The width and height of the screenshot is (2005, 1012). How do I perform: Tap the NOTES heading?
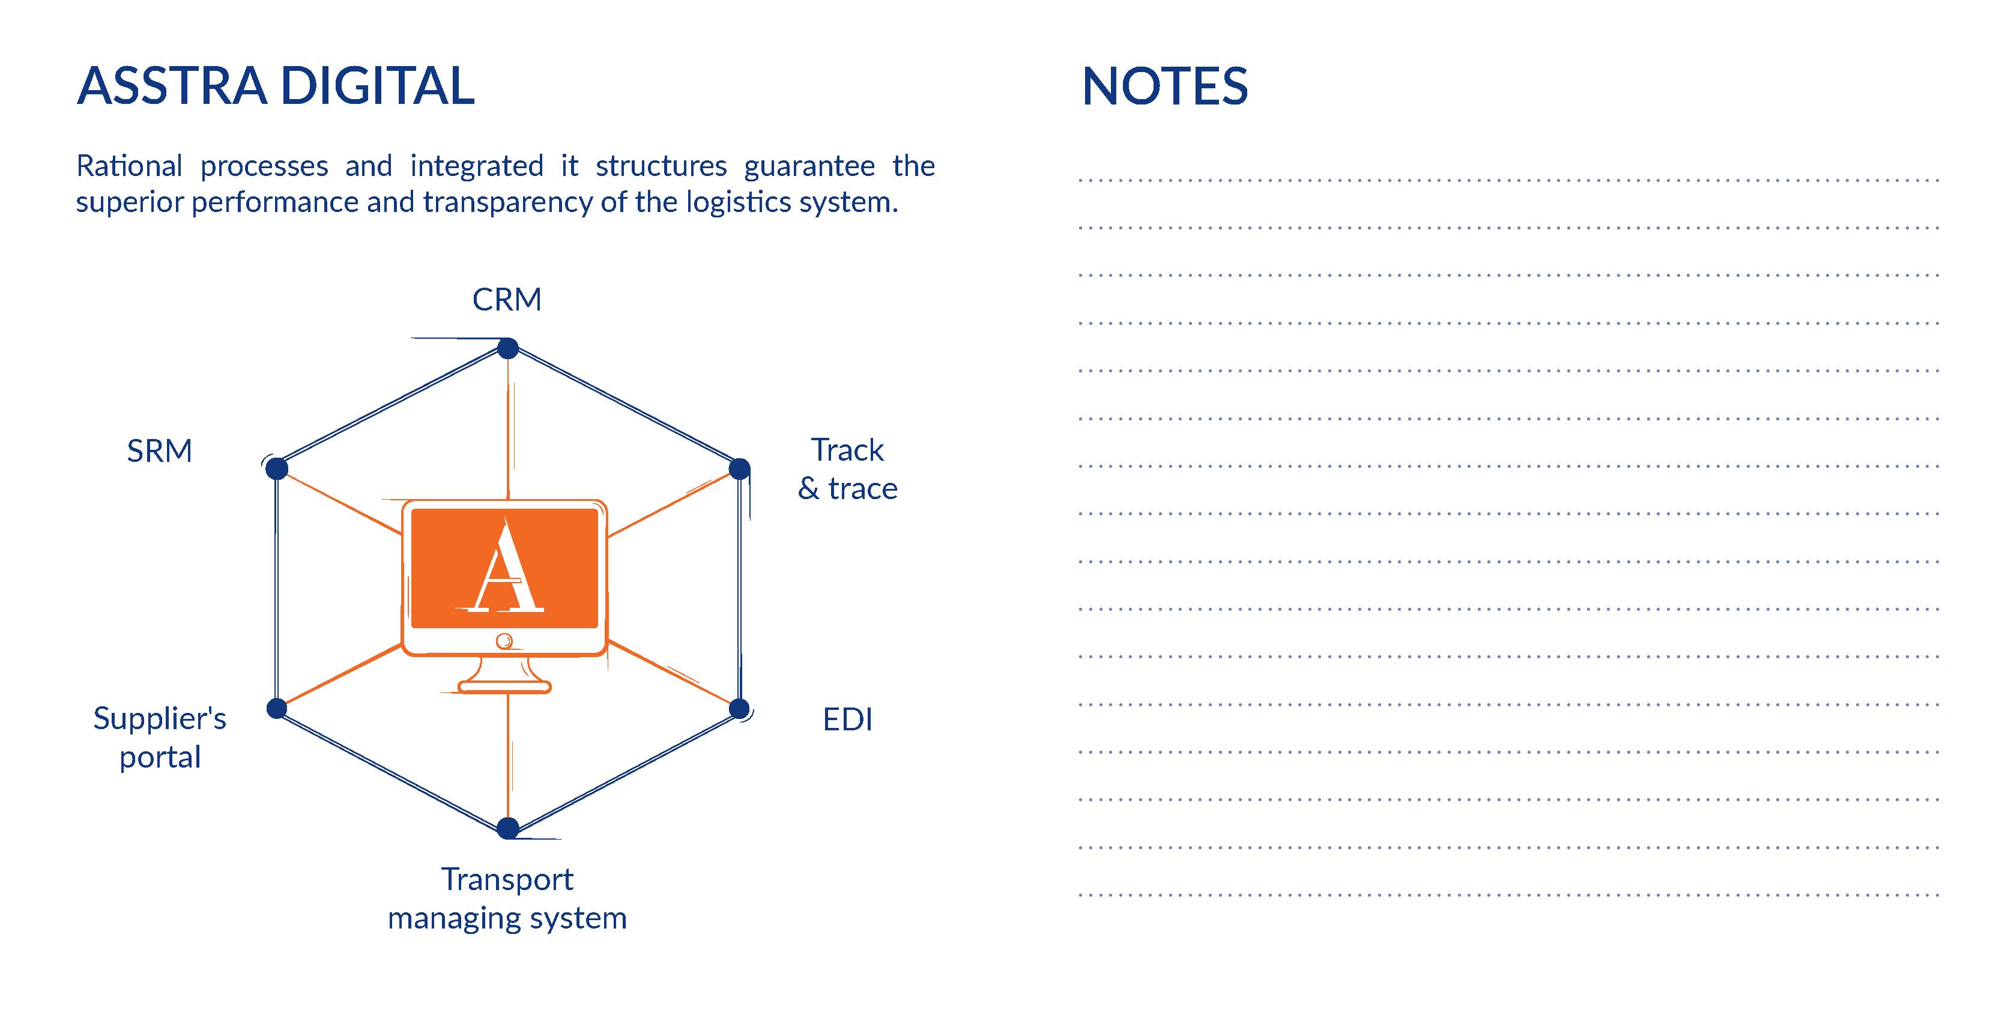point(1164,86)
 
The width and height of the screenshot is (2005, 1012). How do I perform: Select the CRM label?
point(507,300)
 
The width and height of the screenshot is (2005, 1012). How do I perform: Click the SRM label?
point(160,450)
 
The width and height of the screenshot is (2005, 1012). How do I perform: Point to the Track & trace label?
point(848,468)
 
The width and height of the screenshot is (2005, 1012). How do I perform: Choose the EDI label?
point(848,720)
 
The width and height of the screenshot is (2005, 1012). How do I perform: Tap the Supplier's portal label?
point(160,736)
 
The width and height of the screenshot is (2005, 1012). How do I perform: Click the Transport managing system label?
point(507,898)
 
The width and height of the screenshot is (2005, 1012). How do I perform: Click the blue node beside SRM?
point(276,468)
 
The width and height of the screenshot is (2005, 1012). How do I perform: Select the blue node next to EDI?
point(739,709)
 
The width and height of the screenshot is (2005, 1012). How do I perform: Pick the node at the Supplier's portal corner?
point(276,709)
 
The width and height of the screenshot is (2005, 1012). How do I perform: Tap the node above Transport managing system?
point(507,828)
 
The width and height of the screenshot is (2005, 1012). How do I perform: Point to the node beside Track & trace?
point(739,468)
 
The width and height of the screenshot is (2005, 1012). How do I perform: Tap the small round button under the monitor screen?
point(504,641)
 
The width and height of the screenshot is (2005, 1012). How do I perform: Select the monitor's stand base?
point(504,686)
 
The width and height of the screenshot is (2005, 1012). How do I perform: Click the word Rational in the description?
point(129,166)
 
